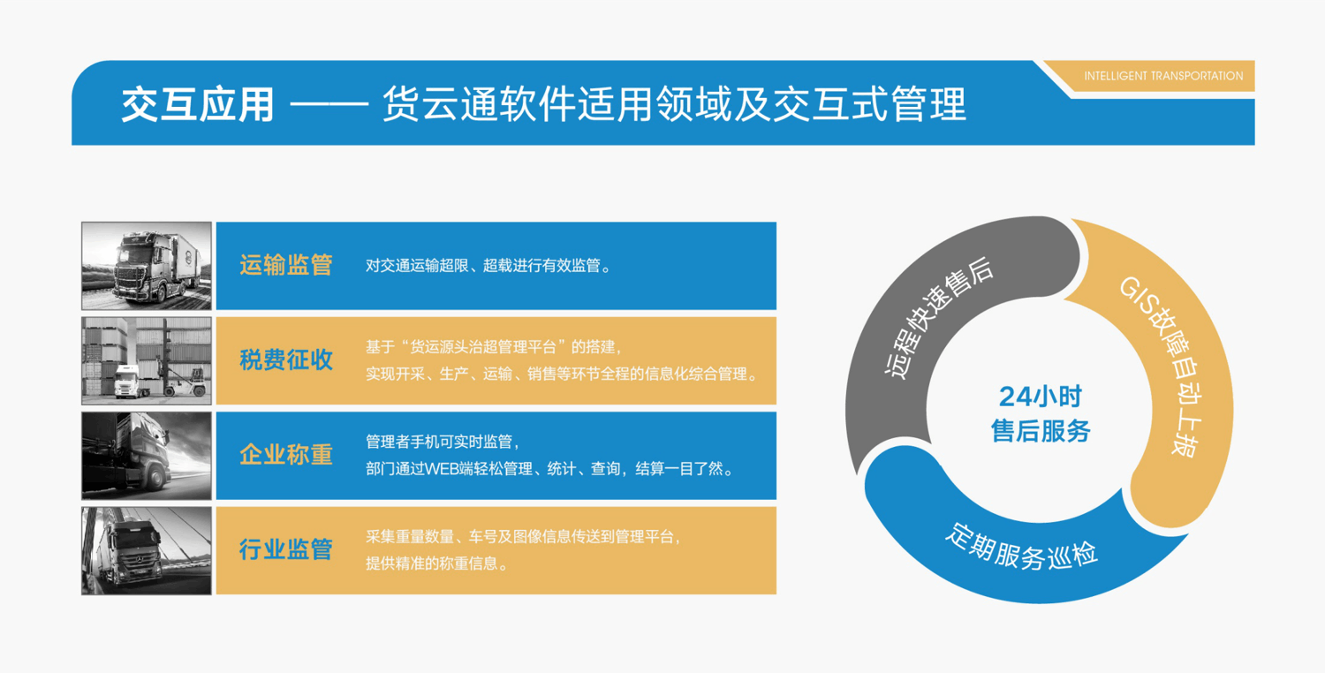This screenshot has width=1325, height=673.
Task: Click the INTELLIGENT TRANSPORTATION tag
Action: click(1163, 76)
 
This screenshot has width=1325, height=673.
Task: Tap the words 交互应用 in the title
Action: click(198, 105)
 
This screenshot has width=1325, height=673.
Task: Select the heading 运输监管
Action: click(285, 265)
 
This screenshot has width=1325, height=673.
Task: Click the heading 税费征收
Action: click(285, 359)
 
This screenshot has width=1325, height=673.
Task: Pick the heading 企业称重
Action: click(285, 455)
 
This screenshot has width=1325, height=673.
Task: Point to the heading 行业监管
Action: click(285, 549)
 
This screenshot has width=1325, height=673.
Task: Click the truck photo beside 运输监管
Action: click(147, 266)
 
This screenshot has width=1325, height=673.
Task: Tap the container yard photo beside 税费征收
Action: click(147, 360)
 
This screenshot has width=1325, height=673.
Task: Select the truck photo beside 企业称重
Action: click(147, 456)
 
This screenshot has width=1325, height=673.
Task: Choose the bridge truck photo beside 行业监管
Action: click(147, 550)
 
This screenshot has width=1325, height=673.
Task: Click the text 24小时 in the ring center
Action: click(1041, 397)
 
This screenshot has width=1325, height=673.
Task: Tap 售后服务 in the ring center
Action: click(1041, 430)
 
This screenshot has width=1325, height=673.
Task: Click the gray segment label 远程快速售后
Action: click(938, 317)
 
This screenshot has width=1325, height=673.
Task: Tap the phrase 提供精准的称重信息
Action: click(431, 563)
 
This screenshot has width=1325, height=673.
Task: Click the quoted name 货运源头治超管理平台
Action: click(482, 346)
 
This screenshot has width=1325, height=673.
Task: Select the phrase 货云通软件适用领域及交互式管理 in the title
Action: click(674, 104)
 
